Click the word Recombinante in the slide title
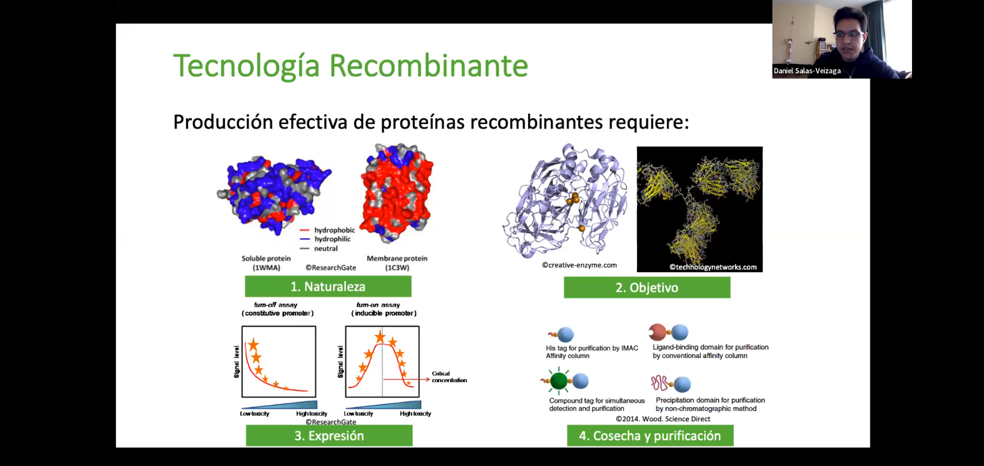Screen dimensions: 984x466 [x=428, y=66]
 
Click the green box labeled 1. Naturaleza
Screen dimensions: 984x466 [x=328, y=287]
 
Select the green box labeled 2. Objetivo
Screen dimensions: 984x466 [x=647, y=288]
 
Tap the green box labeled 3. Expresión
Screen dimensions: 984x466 [x=329, y=436]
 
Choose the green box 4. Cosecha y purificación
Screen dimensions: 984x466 [x=650, y=436]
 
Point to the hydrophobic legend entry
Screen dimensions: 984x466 [x=327, y=230]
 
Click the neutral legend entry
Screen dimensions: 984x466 [x=319, y=249]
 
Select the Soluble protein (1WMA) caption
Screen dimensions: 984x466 [x=266, y=263]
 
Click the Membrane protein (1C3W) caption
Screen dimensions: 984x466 [x=397, y=263]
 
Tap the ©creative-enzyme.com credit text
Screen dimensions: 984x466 [x=579, y=265]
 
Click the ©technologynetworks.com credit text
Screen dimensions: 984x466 [x=713, y=267]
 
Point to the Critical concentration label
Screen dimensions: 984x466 [x=449, y=377]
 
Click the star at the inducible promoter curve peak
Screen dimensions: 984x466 [x=380, y=337]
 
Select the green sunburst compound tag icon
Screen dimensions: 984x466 [x=559, y=381]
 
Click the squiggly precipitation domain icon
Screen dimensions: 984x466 [x=660, y=383]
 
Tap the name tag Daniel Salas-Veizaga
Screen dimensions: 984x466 [x=807, y=71]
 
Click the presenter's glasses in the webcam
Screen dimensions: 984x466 [x=849, y=35]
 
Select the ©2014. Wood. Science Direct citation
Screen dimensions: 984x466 [x=663, y=419]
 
